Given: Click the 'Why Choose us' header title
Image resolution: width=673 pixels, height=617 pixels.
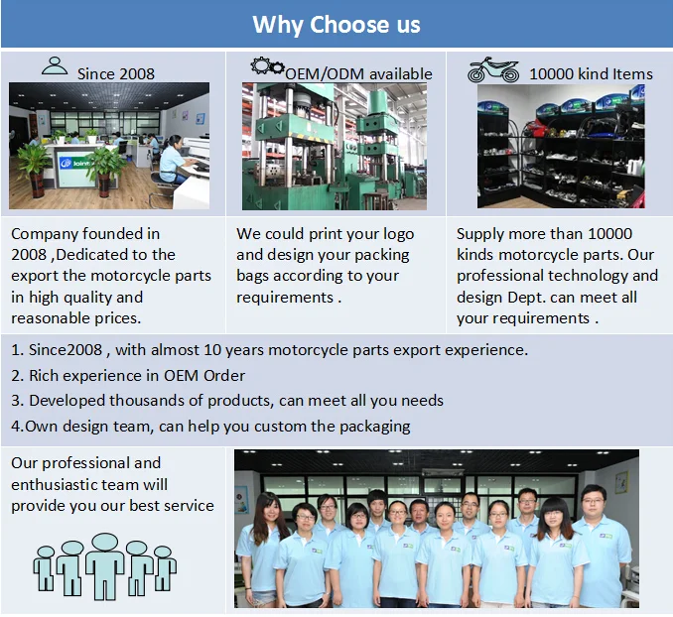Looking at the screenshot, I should click(x=336, y=24).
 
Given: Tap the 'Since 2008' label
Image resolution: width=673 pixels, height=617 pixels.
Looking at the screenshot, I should click(x=115, y=72).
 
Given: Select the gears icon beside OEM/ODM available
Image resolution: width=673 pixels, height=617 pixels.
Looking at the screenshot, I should click(x=267, y=67).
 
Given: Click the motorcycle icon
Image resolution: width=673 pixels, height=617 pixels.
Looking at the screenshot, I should click(x=493, y=68).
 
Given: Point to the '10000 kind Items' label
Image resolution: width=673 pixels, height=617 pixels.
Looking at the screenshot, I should click(x=591, y=72).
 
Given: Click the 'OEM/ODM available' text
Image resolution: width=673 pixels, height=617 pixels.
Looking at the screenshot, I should click(x=358, y=72).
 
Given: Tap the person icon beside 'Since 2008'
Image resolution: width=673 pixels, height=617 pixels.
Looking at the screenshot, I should click(x=55, y=66).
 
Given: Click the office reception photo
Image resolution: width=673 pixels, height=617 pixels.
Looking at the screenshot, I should click(x=109, y=146).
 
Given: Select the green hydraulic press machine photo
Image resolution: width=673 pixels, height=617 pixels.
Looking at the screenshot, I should click(x=335, y=146).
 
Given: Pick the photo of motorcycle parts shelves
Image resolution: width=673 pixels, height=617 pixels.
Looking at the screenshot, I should click(x=561, y=146).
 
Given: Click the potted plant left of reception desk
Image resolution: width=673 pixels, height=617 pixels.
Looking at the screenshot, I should click(x=34, y=164).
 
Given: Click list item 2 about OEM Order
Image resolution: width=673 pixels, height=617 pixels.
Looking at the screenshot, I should click(x=128, y=375).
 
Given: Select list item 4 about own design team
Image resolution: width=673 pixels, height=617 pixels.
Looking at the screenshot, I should click(x=210, y=426).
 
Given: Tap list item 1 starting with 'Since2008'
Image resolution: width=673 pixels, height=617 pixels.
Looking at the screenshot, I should click(x=269, y=349).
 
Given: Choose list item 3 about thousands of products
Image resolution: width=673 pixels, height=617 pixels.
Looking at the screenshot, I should click(x=227, y=400).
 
